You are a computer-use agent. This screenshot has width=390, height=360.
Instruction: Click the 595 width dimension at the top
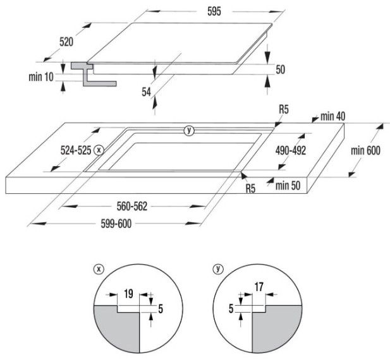point(214,11)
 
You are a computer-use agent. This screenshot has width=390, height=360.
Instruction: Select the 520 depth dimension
point(66,42)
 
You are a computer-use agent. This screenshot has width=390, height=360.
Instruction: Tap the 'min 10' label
point(41,77)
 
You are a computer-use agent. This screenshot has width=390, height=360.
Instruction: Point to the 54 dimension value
point(146,92)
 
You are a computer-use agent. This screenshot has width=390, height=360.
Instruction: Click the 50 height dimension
point(280,69)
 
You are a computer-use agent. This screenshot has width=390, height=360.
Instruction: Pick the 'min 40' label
point(332,116)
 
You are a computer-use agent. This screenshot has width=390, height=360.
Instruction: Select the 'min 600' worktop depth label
point(365,150)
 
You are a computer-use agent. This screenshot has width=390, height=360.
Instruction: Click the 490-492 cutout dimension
point(291,150)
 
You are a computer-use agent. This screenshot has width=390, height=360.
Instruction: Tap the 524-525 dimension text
point(76,150)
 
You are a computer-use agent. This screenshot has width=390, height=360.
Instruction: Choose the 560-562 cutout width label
point(132,207)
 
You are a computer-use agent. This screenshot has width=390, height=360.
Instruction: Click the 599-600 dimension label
point(116,224)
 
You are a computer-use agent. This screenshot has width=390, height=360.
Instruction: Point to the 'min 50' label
point(288,186)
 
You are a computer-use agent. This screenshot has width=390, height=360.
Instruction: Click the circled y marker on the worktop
point(189,130)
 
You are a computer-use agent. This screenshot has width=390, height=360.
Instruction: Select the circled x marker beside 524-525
point(99,150)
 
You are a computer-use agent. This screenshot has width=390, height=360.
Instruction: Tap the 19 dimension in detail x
point(128,294)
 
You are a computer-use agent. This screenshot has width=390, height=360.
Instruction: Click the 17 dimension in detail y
point(259,287)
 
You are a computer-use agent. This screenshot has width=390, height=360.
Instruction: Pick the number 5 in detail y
point(231,309)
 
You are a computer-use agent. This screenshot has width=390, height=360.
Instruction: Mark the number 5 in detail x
point(161,309)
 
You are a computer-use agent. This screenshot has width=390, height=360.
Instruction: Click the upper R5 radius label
point(284,109)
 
